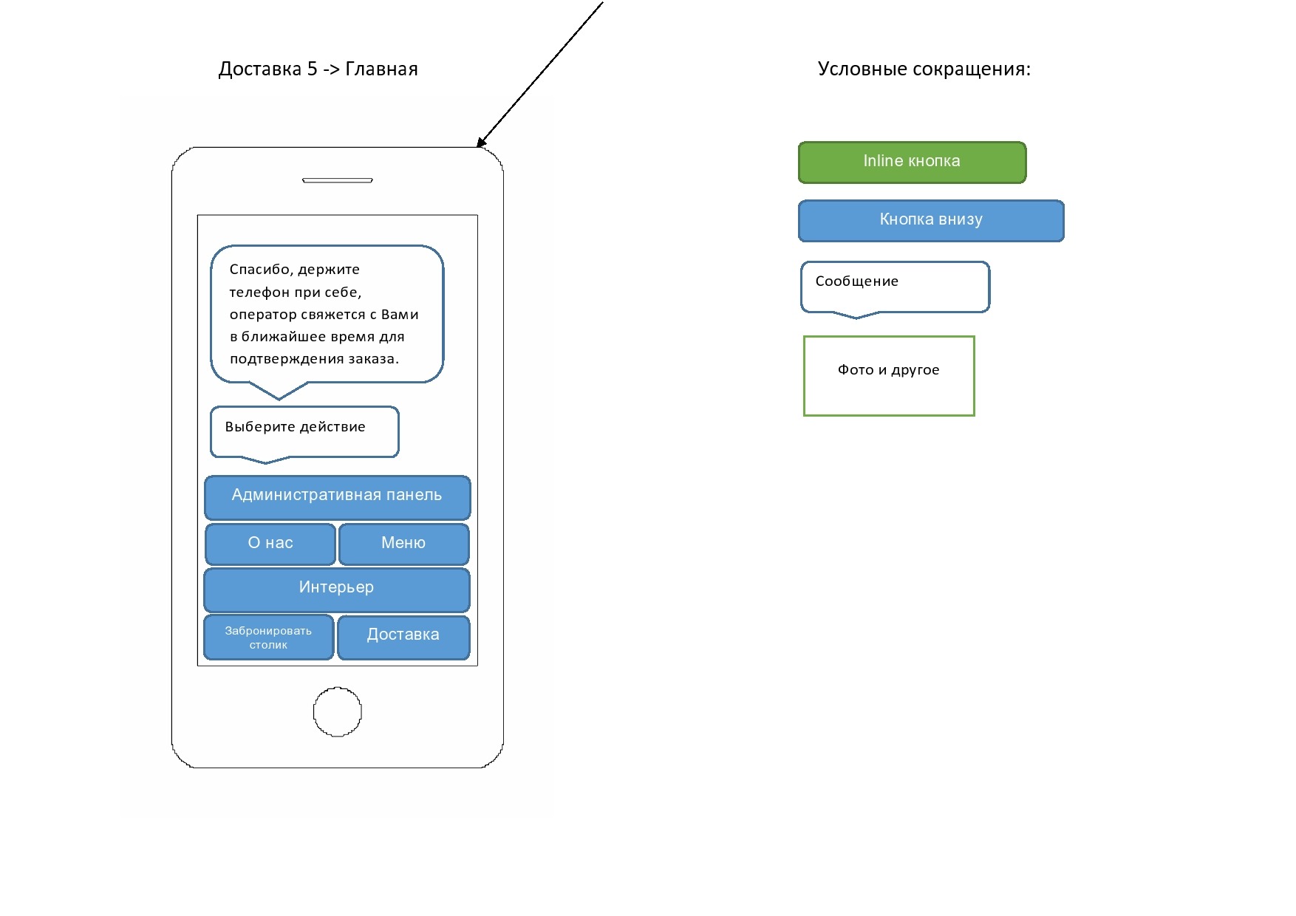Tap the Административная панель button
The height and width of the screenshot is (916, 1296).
tap(337, 496)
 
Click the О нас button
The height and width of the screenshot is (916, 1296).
tap(270, 544)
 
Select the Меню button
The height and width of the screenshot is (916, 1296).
tap(403, 544)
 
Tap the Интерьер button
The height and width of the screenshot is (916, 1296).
tap(337, 589)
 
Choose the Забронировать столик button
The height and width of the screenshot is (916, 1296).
tap(268, 638)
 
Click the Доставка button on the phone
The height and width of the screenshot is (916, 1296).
tap(403, 636)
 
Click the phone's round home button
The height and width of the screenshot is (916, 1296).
tap(338, 712)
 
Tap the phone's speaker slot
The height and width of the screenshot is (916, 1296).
tap(338, 180)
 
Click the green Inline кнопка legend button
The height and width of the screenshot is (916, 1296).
tap(912, 162)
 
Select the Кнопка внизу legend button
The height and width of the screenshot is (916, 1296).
tap(931, 220)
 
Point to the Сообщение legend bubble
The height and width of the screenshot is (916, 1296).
tap(895, 286)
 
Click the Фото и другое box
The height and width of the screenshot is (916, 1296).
tap(889, 376)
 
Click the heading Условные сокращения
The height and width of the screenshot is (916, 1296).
tap(924, 69)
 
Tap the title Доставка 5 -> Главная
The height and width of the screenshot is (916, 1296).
tap(318, 69)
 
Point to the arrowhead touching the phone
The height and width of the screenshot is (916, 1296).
tap(481, 143)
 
